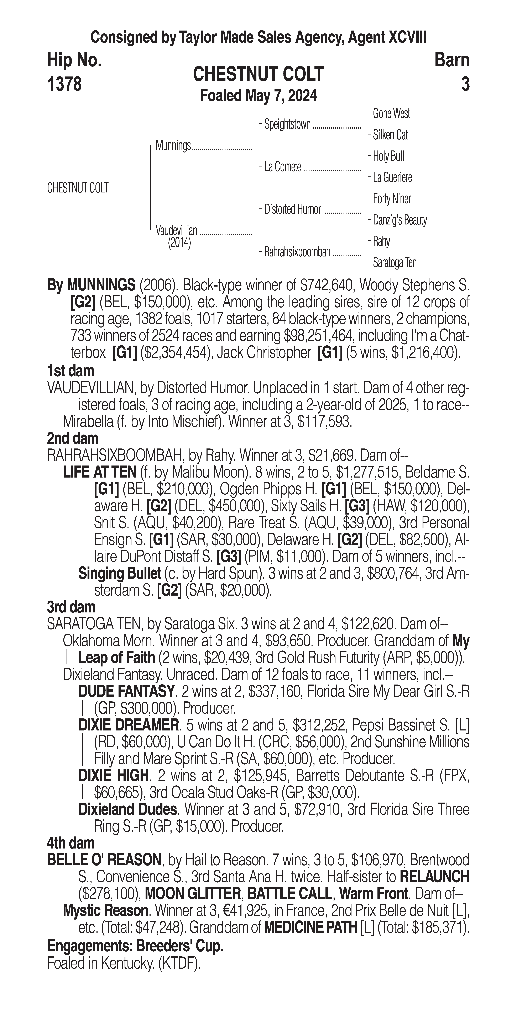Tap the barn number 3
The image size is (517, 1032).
point(465,84)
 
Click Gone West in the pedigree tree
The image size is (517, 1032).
point(391,114)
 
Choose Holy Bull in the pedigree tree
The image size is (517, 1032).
point(388,156)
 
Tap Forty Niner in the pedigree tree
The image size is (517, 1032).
point(392,199)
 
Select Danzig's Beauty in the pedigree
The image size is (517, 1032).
point(399,220)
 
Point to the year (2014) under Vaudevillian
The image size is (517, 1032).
point(179,243)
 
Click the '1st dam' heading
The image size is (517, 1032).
point(70,371)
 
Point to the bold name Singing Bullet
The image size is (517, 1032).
point(119,574)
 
